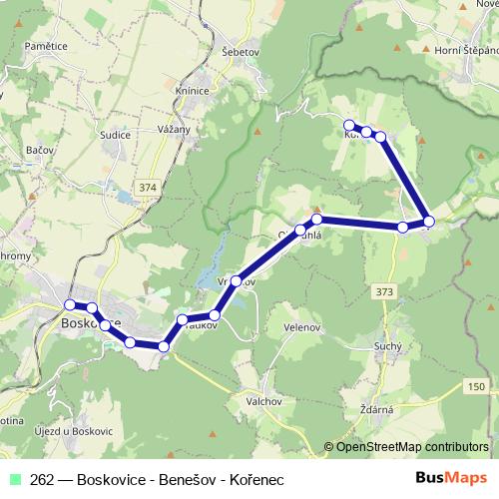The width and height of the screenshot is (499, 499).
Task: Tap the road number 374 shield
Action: point(149,187)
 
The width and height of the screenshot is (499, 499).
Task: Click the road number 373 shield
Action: point(386,290)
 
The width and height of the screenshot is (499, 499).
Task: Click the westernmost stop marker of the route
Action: point(70,304)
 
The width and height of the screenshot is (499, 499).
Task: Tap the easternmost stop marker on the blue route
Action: point(428,221)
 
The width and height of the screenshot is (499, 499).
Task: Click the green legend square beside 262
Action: point(15,479)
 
